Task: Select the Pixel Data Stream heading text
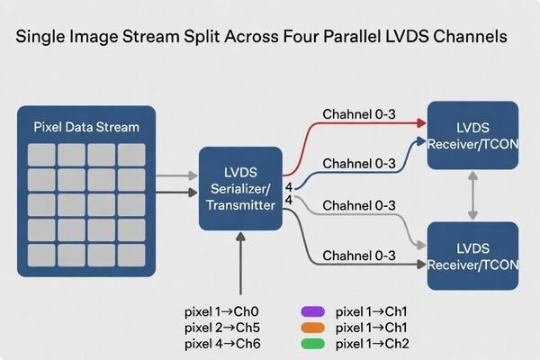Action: click(86, 127)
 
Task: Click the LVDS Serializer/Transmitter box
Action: click(239, 187)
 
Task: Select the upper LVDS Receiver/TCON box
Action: click(472, 136)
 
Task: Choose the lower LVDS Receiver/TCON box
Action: click(472, 255)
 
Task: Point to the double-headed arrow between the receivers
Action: click(472, 195)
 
